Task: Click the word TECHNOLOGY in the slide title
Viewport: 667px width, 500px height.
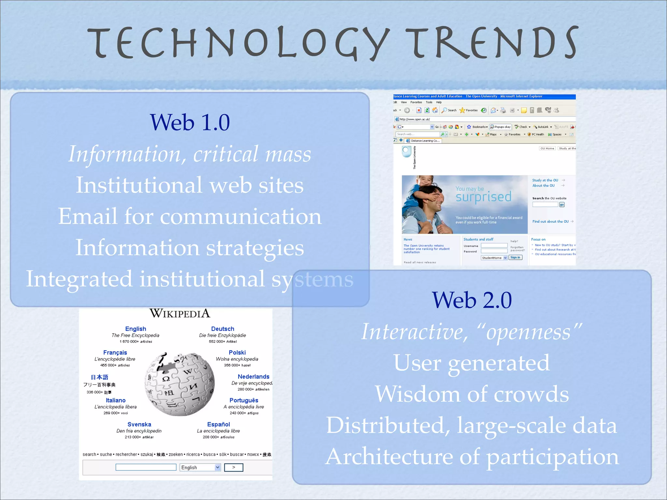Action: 238,43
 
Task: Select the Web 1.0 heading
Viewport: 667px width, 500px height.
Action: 190,122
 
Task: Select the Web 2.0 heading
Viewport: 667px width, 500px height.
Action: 472,300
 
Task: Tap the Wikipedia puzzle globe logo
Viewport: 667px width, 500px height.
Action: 180,384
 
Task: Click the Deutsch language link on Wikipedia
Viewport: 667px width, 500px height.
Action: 222,329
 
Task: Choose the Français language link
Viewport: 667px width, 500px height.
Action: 115,353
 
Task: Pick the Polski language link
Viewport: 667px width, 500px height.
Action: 237,353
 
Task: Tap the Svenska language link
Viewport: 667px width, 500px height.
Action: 139,424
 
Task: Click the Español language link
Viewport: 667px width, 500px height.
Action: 219,424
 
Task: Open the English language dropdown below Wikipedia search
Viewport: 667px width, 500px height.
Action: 200,467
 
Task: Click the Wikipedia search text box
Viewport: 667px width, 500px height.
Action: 146,467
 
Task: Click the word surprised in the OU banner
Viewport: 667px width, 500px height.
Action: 483,197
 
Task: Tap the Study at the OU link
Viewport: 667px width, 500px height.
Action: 545,180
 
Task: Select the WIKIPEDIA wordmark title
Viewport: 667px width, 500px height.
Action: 180,313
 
